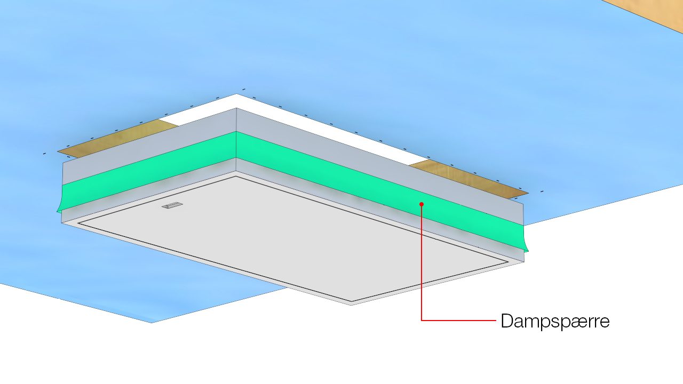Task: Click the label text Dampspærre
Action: (x=555, y=321)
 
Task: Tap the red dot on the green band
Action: (x=422, y=204)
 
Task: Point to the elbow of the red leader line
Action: (x=422, y=320)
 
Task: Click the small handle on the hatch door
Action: (x=173, y=205)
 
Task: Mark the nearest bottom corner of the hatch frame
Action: (x=351, y=305)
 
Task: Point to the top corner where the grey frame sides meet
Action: (x=236, y=108)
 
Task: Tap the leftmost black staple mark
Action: (x=44, y=154)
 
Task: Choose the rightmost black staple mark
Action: (x=542, y=191)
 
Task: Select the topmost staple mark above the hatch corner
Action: (x=244, y=89)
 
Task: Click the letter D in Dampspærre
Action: (x=507, y=321)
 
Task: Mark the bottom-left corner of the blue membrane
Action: (x=152, y=322)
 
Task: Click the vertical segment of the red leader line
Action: (x=422, y=261)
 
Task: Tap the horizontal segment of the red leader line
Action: (x=459, y=320)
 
